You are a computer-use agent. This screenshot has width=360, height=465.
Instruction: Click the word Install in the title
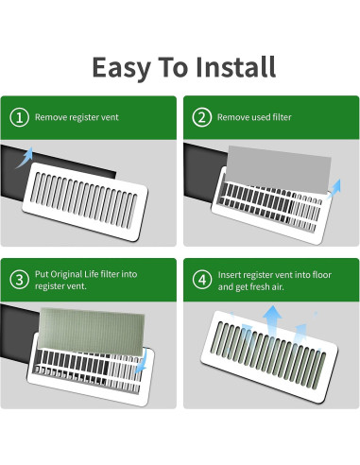pos(234,68)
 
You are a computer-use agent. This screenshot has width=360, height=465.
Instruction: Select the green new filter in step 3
pos(90,326)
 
